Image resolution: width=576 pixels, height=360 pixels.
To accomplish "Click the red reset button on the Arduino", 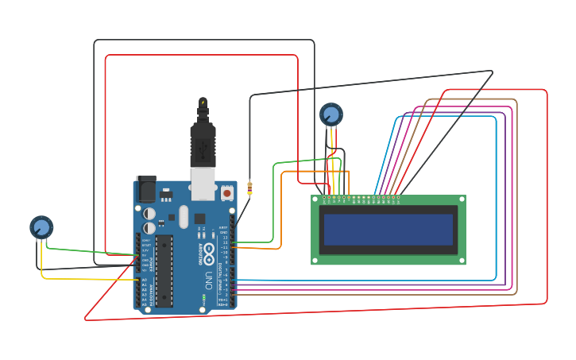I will tap(227, 192).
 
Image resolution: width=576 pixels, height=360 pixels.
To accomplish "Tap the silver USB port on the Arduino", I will tap(204, 183).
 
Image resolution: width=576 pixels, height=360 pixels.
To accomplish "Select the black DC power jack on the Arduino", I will tap(146, 189).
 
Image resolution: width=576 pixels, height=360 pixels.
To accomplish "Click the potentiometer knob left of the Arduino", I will tap(41, 227).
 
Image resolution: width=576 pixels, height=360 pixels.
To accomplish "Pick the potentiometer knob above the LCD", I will tap(331, 114).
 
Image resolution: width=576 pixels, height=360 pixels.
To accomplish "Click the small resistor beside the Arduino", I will tap(249, 189).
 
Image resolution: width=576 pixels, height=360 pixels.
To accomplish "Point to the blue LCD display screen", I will tap(387, 230).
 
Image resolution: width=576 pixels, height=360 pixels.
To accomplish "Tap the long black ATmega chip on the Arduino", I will tap(164, 270).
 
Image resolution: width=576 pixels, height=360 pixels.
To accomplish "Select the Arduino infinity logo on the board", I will tap(209, 256).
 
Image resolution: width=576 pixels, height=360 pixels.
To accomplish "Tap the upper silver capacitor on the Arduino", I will tap(149, 214).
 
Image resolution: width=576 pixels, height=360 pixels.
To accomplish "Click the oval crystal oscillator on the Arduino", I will tap(184, 216).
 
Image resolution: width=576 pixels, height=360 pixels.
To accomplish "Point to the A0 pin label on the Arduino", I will tap(145, 280).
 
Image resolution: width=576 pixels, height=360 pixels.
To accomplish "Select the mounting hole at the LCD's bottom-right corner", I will tap(460, 259).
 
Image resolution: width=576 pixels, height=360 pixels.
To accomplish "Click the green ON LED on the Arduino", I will tap(204, 299).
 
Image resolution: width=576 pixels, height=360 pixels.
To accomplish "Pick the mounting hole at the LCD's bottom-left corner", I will tap(316, 259).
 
